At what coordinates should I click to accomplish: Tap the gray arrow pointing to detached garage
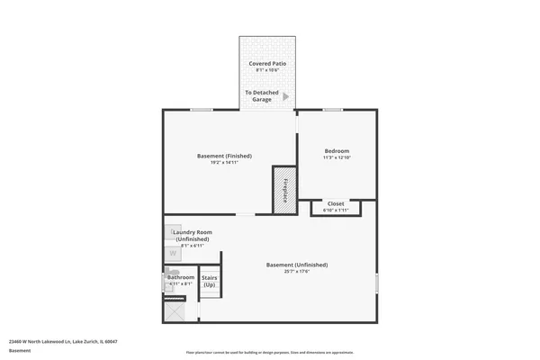286,96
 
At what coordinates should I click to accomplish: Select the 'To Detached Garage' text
261,96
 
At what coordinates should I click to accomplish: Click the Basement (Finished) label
224,156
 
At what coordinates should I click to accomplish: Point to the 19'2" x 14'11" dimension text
224,163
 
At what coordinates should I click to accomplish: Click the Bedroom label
337,150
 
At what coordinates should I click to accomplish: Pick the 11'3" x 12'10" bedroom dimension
337,157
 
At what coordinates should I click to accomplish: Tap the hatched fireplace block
285,190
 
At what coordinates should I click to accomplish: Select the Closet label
336,203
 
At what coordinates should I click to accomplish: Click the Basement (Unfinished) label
297,265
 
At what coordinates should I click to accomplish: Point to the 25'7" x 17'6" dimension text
297,272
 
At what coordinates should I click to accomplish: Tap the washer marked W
173,254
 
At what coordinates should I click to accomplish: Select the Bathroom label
181,277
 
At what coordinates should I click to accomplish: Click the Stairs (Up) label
210,281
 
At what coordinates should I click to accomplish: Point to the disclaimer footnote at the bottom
270,352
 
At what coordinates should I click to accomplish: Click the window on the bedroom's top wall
333,110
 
